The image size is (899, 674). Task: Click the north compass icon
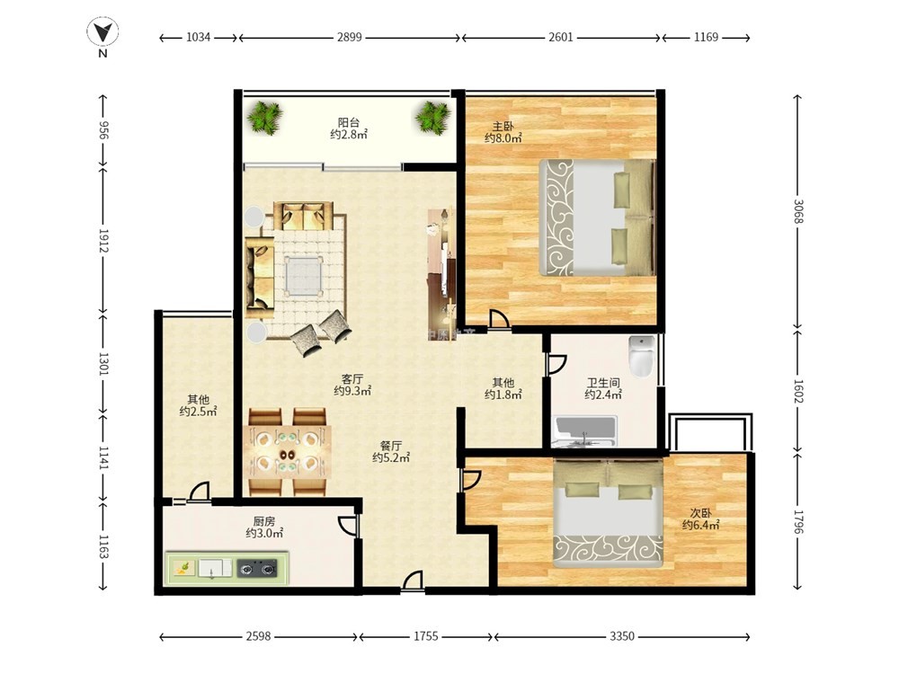pyautogui.click(x=102, y=33)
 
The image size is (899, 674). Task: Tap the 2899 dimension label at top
pyautogui.click(x=349, y=37)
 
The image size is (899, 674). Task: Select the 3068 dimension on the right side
pyautogui.click(x=798, y=211)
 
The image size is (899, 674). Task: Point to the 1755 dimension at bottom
pyautogui.click(x=425, y=636)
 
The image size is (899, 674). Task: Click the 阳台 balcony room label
pyautogui.click(x=349, y=122)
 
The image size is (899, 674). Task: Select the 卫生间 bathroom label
pyautogui.click(x=603, y=382)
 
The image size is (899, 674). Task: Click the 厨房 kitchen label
pyautogui.click(x=264, y=521)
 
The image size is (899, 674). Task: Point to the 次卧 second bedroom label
pyautogui.click(x=700, y=513)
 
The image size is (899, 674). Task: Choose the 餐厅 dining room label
pyautogui.click(x=390, y=446)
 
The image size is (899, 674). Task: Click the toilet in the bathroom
pyautogui.click(x=642, y=355)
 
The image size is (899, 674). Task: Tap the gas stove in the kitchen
pyautogui.click(x=257, y=568)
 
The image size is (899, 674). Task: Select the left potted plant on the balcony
pyautogui.click(x=265, y=117)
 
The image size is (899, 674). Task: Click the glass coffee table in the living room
pyautogui.click(x=304, y=276)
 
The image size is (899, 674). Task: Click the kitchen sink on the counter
pyautogui.click(x=215, y=568)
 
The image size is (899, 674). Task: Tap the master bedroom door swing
pyautogui.click(x=498, y=319)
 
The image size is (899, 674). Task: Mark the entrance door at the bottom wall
pyautogui.click(x=413, y=580)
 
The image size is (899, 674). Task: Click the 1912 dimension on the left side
pyautogui.click(x=103, y=241)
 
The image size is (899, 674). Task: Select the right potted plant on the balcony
pyautogui.click(x=433, y=117)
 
